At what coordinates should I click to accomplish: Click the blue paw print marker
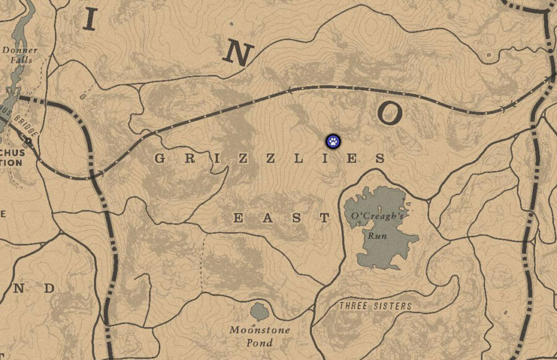333,141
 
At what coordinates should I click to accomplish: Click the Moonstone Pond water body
259,311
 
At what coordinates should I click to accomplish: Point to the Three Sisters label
375,306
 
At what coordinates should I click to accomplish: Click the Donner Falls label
20,55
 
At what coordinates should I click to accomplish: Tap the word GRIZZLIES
269,158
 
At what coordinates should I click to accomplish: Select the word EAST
282,218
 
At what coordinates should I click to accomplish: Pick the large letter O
391,113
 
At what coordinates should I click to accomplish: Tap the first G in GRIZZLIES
160,158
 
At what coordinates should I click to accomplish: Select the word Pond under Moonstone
259,342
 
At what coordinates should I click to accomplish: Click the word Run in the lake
377,236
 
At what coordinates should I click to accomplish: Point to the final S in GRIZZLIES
379,158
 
